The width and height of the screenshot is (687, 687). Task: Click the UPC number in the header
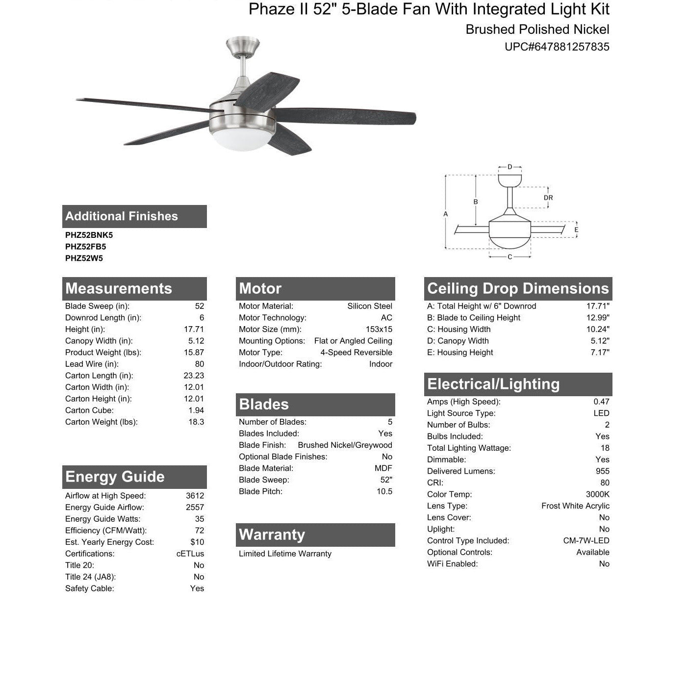pyautogui.click(x=557, y=47)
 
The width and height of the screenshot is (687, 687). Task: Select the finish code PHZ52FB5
pyautogui.click(x=85, y=247)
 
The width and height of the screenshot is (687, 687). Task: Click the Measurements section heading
pyautogui.click(x=119, y=288)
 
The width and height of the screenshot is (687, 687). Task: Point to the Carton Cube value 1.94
pyautogui.click(x=196, y=410)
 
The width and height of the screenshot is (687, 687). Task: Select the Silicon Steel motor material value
pyautogui.click(x=369, y=306)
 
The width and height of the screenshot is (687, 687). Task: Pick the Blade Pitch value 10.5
pyautogui.click(x=384, y=491)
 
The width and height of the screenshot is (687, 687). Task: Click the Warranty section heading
pyautogui.click(x=272, y=534)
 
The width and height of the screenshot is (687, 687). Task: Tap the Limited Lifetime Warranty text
pyautogui.click(x=285, y=554)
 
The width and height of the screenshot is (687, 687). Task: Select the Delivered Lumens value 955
pyautogui.click(x=602, y=471)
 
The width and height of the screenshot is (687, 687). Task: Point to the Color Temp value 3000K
pyautogui.click(x=597, y=494)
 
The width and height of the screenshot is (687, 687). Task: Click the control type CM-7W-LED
pyautogui.click(x=586, y=541)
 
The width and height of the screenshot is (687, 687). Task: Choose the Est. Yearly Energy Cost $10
pyautogui.click(x=197, y=542)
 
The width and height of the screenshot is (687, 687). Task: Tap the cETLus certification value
pyautogui.click(x=190, y=554)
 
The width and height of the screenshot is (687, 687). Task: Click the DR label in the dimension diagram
pyautogui.click(x=548, y=198)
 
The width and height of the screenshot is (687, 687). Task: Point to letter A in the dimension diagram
pyautogui.click(x=445, y=214)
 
